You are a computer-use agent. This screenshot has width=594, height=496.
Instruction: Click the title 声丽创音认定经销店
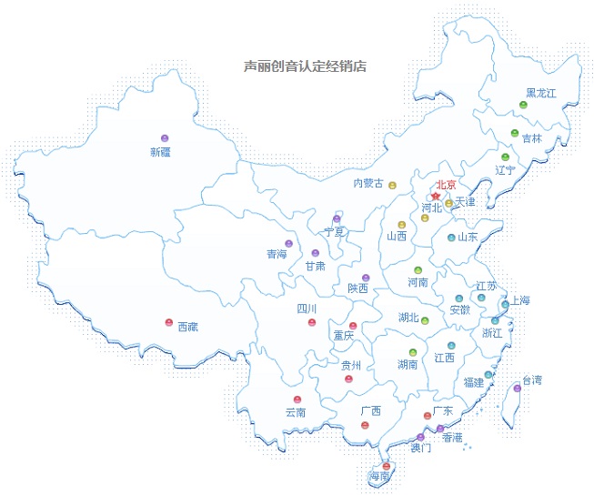click(305, 66)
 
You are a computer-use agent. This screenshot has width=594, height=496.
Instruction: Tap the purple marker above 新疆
click(165, 138)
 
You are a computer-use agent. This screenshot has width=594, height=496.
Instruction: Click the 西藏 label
click(187, 326)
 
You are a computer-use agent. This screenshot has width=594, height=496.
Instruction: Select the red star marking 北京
click(436, 196)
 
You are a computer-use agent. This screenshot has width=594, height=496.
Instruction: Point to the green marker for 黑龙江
click(523, 106)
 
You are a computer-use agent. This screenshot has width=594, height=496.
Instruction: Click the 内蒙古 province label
click(367, 183)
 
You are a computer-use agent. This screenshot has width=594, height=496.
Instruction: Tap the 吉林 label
click(531, 138)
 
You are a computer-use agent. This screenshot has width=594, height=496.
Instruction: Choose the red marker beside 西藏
click(168, 322)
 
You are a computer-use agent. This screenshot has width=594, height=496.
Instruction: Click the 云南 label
click(296, 412)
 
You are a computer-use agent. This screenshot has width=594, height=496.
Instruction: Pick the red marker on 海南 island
click(387, 466)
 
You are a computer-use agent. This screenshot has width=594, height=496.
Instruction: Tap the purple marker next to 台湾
click(518, 389)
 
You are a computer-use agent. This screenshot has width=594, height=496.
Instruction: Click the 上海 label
click(519, 300)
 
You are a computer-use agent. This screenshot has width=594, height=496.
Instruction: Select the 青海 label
click(276, 255)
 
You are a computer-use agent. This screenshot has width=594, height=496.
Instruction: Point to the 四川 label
click(307, 309)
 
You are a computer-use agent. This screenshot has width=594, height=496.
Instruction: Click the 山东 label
click(468, 237)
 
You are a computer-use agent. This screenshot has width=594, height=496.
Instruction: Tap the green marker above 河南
click(418, 270)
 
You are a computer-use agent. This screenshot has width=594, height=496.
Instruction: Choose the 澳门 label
click(421, 448)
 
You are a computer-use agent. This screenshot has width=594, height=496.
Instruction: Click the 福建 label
click(474, 382)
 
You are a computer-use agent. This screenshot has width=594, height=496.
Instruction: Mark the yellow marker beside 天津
click(448, 203)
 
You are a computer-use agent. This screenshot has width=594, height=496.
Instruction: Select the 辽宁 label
click(505, 170)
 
